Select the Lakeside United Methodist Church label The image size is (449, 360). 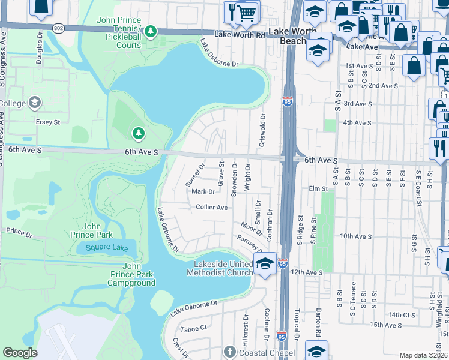point(223,269)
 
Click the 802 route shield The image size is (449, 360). point(58,28)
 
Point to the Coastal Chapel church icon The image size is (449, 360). point(229,352)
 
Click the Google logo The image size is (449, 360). point(20,353)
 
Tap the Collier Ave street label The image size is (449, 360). point(212,207)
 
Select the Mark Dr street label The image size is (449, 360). point(203,192)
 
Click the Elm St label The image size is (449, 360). point(316,188)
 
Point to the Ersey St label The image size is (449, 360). point(49,122)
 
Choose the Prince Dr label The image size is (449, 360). point(19,231)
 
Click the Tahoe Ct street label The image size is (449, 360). point(194,328)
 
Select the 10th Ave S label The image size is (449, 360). point(355,236)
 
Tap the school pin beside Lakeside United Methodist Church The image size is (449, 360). point(265,263)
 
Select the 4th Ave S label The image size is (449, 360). point(357,122)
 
